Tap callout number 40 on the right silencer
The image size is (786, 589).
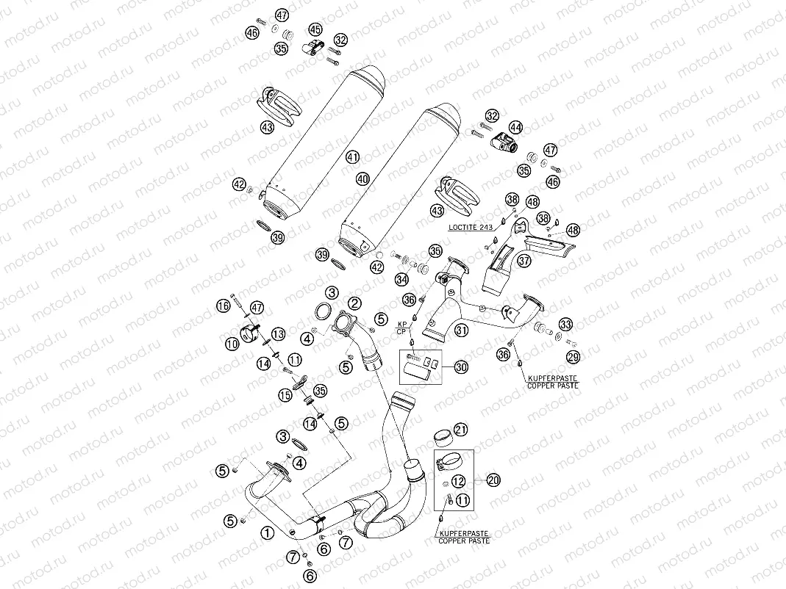tap(362, 178)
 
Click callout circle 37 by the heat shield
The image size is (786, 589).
tap(524, 260)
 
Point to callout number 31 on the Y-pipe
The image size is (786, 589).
tap(461, 330)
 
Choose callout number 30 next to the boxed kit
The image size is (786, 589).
tap(461, 367)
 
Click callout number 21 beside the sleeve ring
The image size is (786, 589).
tap(460, 429)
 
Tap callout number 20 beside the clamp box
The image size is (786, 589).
tap(493, 480)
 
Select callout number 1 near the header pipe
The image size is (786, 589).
tap(268, 532)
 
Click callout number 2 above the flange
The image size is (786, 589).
tap(354, 303)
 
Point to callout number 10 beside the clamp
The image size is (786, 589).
tap(232, 343)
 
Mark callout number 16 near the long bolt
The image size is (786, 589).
tap(222, 305)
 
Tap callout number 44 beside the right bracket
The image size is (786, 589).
tap(516, 127)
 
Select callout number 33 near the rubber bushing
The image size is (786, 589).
tap(565, 324)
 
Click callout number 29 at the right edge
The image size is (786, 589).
tap(573, 356)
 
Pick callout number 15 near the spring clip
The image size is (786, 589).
tap(285, 395)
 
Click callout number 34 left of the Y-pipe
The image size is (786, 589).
tap(401, 279)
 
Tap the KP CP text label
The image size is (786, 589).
tap(402, 328)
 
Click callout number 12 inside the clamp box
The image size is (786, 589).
tap(458, 482)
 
